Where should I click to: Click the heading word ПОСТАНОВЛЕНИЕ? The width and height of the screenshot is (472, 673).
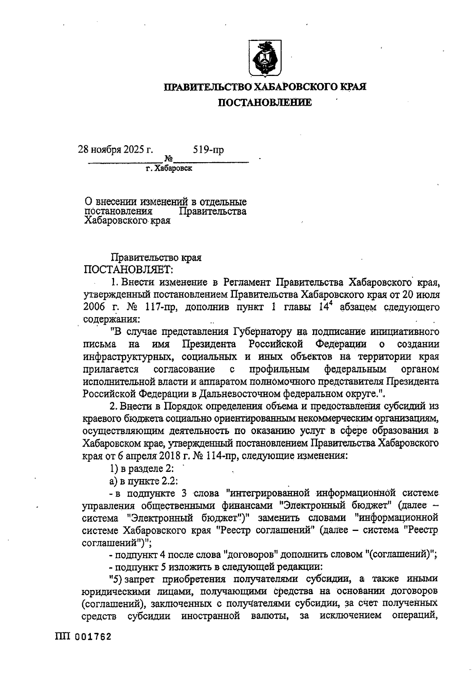(265, 103)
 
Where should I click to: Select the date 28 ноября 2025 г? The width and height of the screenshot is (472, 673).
(115, 150)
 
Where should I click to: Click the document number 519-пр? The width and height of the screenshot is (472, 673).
(208, 150)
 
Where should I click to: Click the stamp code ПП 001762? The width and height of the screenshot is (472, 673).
(83, 636)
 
